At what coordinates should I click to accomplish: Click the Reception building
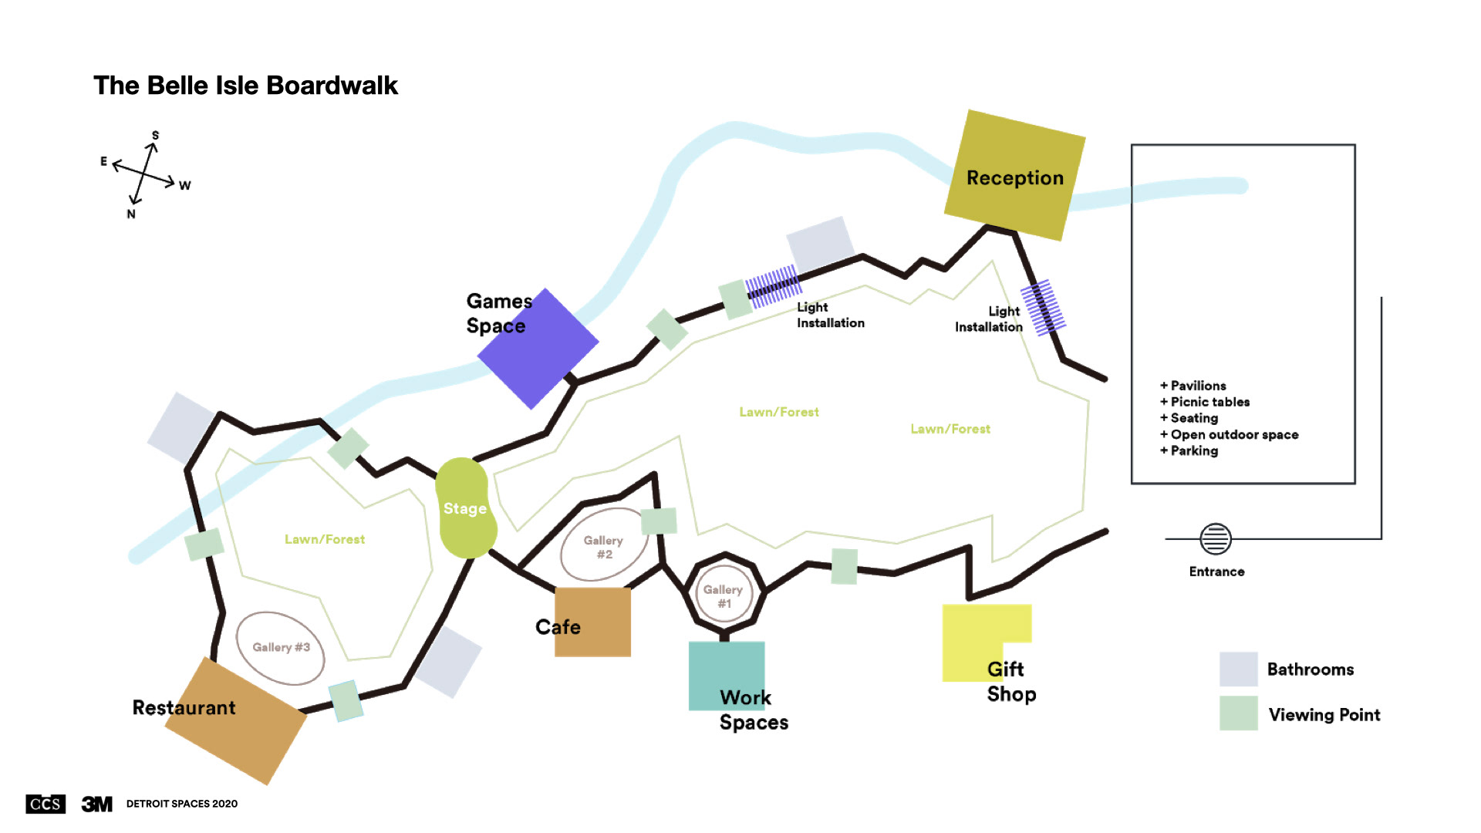tap(1014, 175)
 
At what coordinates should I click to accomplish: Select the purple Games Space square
tap(538, 349)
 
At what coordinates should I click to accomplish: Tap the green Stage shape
tap(465, 508)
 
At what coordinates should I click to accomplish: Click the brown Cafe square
tap(592, 622)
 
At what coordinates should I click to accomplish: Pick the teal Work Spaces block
tap(726, 676)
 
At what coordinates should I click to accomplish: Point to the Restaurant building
tap(235, 721)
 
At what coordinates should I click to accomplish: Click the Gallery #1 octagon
tap(724, 595)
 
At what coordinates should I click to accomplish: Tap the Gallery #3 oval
tap(280, 648)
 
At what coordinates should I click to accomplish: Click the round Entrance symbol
tap(1215, 538)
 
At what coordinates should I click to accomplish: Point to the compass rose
tap(144, 173)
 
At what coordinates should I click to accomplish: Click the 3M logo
tap(97, 804)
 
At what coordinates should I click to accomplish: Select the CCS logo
tap(46, 804)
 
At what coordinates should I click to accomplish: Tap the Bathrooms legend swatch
tap(1238, 669)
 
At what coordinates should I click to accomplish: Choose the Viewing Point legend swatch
tap(1238, 713)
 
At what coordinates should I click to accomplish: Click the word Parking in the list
tap(1194, 450)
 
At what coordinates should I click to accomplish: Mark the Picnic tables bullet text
tap(1209, 402)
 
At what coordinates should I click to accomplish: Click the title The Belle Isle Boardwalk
tap(245, 85)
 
